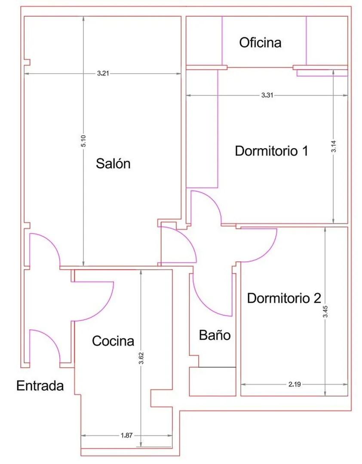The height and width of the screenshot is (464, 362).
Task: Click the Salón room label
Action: click(x=113, y=163)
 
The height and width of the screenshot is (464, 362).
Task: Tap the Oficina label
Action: click(x=260, y=43)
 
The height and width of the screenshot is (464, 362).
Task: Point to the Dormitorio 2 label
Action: click(x=284, y=298)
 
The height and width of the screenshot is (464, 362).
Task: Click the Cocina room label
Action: click(x=113, y=341)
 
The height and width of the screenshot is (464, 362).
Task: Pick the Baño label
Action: click(x=215, y=335)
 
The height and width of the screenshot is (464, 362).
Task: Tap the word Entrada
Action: click(x=40, y=386)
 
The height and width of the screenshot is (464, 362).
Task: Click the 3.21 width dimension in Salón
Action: click(x=103, y=74)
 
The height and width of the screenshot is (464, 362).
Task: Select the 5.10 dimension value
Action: click(x=84, y=141)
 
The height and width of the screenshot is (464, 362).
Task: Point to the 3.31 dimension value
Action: click(x=267, y=95)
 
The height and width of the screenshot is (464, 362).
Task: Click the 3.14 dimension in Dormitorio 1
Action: click(x=333, y=146)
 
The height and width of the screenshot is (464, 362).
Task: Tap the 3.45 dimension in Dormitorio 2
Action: click(x=325, y=311)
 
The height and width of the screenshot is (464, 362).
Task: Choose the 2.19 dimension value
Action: click(x=295, y=384)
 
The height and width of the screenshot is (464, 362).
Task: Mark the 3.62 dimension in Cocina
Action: click(x=141, y=358)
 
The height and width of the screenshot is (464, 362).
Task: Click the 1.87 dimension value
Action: click(x=126, y=435)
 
